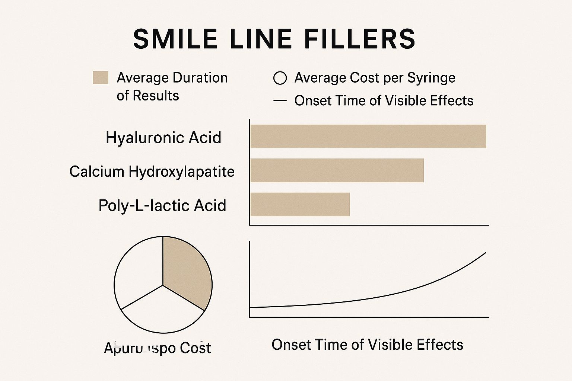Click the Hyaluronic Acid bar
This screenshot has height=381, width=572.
pyautogui.click(x=368, y=137)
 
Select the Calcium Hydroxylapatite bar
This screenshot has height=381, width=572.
pyautogui.click(x=337, y=170)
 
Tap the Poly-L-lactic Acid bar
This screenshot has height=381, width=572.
pyautogui.click(x=300, y=204)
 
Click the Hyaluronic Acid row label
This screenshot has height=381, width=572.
pyautogui.click(x=163, y=138)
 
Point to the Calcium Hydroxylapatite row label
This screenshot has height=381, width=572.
pyautogui.click(x=152, y=172)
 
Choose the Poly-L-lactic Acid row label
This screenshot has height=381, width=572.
pyautogui.click(x=162, y=205)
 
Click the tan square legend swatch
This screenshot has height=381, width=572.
pyautogui.click(x=101, y=78)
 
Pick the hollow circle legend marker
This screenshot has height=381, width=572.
pyautogui.click(x=280, y=78)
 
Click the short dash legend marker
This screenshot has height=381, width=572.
pyautogui.click(x=280, y=101)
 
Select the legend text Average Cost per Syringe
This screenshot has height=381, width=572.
pyautogui.click(x=375, y=78)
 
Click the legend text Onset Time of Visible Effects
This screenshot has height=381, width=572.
pyautogui.click(x=384, y=101)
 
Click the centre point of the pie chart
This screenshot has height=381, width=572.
pyautogui.click(x=163, y=285)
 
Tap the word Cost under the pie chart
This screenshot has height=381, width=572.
pyautogui.click(x=195, y=348)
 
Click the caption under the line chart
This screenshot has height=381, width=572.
pyautogui.click(x=367, y=345)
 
